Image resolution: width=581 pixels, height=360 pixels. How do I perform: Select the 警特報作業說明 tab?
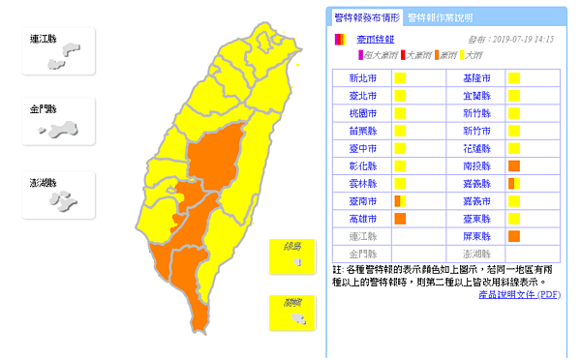click(440, 17)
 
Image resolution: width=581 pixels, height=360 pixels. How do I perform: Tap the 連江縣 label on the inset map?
click(43, 39)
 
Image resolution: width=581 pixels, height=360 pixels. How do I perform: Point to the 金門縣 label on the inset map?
click(43, 109)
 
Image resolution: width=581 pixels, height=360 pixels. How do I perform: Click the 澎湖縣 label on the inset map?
click(43, 182)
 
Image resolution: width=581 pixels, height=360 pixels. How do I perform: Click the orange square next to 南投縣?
click(514, 165)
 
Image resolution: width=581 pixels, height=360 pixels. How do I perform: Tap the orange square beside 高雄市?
click(399, 218)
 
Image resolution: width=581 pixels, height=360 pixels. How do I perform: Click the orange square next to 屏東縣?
click(514, 235)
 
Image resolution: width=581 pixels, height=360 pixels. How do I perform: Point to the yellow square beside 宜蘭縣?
click(514, 95)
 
